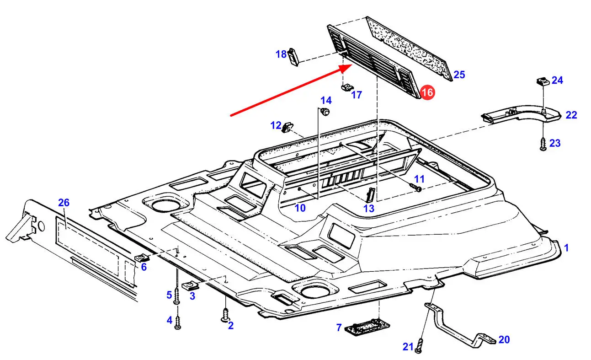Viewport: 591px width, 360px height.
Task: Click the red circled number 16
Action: tap(427, 92)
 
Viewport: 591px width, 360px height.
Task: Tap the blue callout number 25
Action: tap(459, 75)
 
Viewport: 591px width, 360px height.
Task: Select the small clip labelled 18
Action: tap(293, 56)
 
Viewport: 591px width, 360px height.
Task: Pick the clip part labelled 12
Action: tap(288, 126)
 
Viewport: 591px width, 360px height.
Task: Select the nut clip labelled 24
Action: tap(543, 83)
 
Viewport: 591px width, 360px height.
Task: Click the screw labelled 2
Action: tap(225, 316)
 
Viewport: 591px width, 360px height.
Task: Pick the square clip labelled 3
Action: tap(189, 286)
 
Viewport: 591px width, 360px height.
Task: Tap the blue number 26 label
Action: tap(64, 203)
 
